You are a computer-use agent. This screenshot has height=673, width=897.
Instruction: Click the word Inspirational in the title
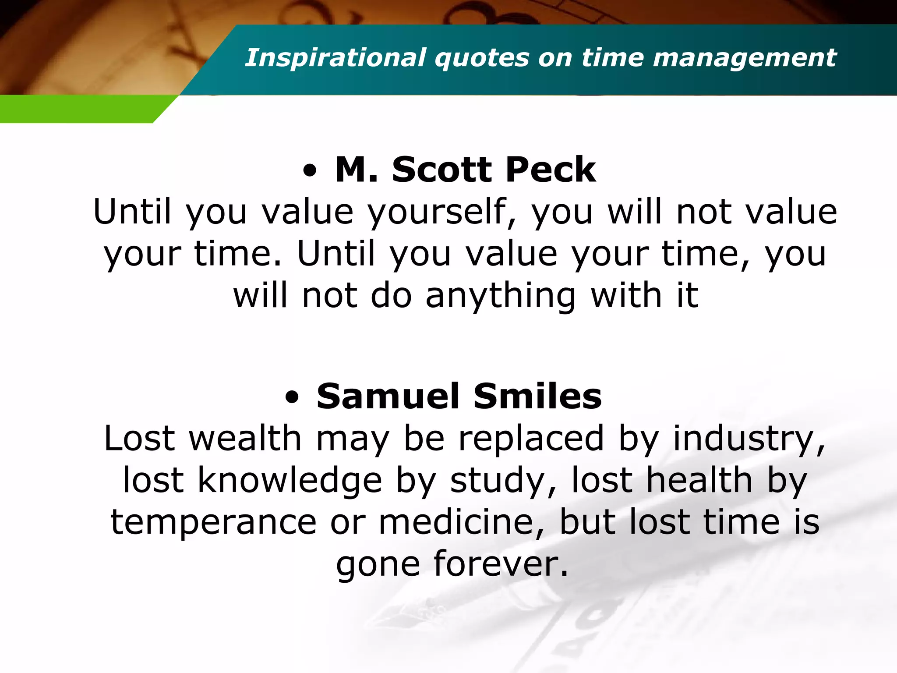335,58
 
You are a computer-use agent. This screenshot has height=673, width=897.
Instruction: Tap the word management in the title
745,58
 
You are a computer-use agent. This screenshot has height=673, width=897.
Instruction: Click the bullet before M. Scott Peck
309,171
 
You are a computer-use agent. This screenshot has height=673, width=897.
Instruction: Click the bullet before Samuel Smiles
292,398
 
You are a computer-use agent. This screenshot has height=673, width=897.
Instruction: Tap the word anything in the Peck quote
501,297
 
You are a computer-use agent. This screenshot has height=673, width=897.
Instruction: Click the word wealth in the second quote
245,439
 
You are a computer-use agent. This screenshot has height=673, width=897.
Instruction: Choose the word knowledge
290,481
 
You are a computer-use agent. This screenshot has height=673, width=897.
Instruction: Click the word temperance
213,522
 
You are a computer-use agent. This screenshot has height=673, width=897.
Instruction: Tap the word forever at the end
501,564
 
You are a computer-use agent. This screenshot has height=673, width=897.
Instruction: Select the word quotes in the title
482,58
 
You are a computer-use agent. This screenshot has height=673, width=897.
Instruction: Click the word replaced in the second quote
531,439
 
